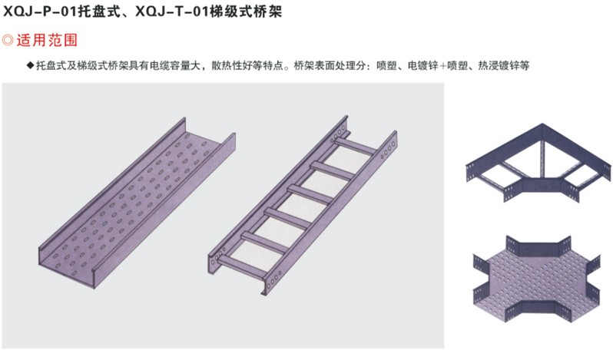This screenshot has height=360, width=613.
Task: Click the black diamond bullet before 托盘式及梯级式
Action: click(30, 66)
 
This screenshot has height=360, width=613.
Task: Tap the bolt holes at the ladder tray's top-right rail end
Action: click(388, 146)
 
